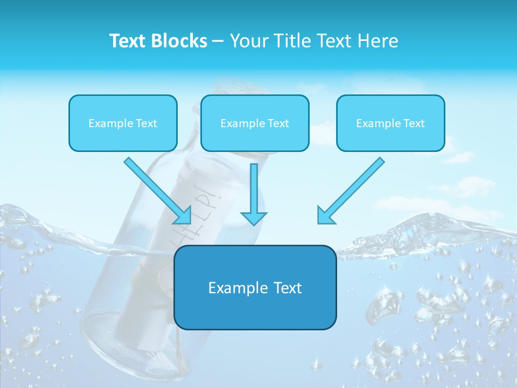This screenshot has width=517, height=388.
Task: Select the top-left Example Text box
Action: (x=123, y=123)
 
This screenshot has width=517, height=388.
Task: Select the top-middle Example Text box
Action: (x=255, y=123)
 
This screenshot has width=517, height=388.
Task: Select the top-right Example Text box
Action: (x=390, y=123)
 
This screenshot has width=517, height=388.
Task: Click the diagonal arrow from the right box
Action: (x=353, y=189)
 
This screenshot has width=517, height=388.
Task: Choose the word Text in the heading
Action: (x=336, y=41)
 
